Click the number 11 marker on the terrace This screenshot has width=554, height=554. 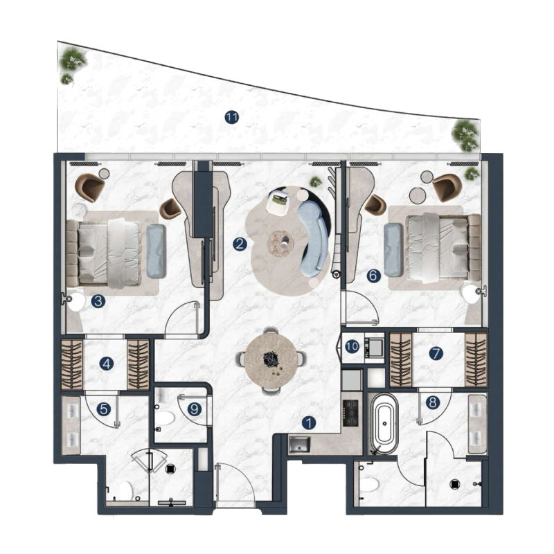click(231, 118)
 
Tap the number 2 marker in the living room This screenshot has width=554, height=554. click(240, 244)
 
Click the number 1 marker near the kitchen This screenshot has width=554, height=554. click(104, 409)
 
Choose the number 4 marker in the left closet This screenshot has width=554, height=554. click(373, 276)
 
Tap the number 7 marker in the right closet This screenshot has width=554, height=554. click(436, 354)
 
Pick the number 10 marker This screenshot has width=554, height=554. click(433, 402)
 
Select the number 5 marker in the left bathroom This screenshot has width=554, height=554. click(352, 346)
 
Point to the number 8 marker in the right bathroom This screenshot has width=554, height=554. click(433, 402)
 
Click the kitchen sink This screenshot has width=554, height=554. click(299, 445)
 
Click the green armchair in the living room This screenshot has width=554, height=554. click(279, 201)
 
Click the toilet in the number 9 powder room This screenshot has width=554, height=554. click(165, 418)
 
